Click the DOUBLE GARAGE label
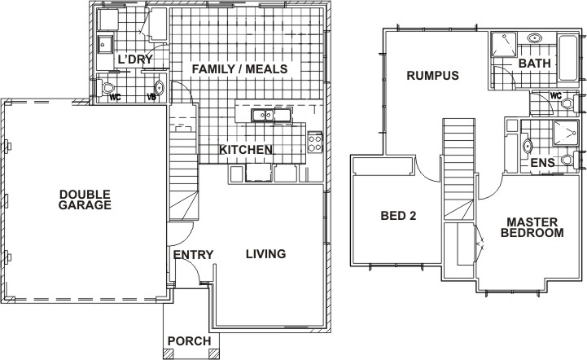pyautogui.click(x=85, y=200)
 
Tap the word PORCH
pyautogui.click(x=189, y=340)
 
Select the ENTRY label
pyautogui.click(x=193, y=255)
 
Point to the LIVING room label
pyautogui.click(x=266, y=254)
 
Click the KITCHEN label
pyautogui.click(x=245, y=150)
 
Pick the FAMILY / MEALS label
pyautogui.click(x=239, y=69)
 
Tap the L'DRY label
pyautogui.click(x=135, y=59)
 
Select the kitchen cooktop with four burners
pyautogui.click(x=315, y=144)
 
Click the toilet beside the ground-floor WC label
pyautogui.click(x=107, y=87)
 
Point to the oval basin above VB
pyautogui.click(x=159, y=88)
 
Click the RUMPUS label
pyautogui.click(x=433, y=76)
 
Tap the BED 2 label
pyautogui.click(x=399, y=216)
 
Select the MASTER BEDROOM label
pyautogui.click(x=532, y=227)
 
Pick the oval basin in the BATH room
pyautogui.click(x=537, y=38)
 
